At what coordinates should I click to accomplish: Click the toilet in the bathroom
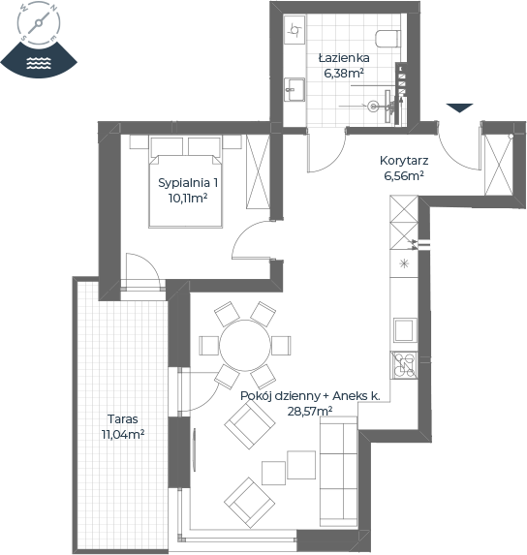[387, 38]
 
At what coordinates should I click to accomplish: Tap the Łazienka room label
[344, 58]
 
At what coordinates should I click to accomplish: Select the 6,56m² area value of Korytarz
[404, 175]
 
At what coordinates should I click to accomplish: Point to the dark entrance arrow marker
[459, 108]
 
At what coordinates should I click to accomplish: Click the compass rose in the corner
[39, 23]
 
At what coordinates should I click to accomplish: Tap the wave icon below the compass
[39, 63]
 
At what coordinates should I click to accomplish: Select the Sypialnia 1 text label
[188, 183]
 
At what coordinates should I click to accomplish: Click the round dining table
[244, 345]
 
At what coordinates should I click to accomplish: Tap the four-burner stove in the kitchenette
[404, 365]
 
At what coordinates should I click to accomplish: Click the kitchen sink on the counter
[405, 330]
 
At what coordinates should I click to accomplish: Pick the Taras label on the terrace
[122, 419]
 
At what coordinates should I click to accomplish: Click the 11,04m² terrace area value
[122, 434]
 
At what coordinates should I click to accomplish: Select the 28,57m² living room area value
[310, 412]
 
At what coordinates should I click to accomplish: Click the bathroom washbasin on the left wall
[294, 89]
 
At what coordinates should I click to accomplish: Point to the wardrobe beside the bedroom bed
[258, 171]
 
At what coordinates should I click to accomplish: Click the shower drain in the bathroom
[373, 106]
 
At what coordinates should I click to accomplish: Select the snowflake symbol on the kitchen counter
[404, 263]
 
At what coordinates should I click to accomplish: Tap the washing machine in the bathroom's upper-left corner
[294, 30]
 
